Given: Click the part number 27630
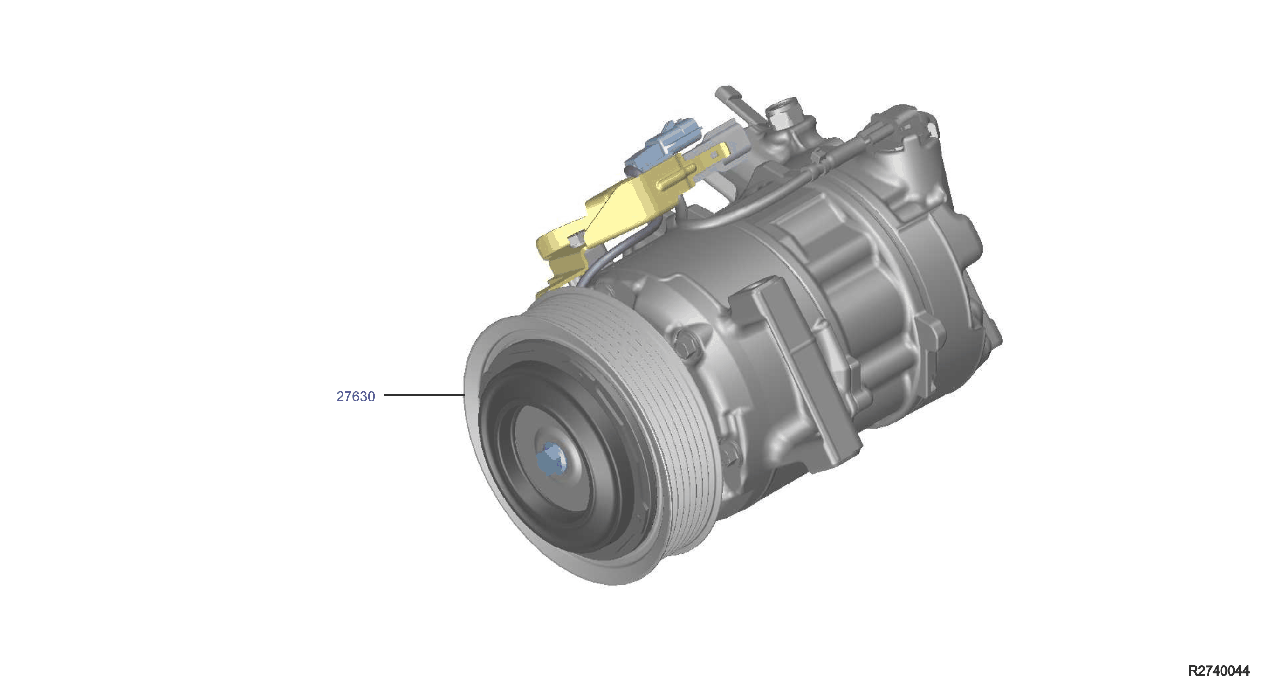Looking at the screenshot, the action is tap(356, 396).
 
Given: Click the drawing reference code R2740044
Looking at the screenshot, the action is tap(1218, 671).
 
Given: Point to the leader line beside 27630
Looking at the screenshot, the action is tap(424, 395).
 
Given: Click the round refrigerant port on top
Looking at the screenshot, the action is tap(783, 111).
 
